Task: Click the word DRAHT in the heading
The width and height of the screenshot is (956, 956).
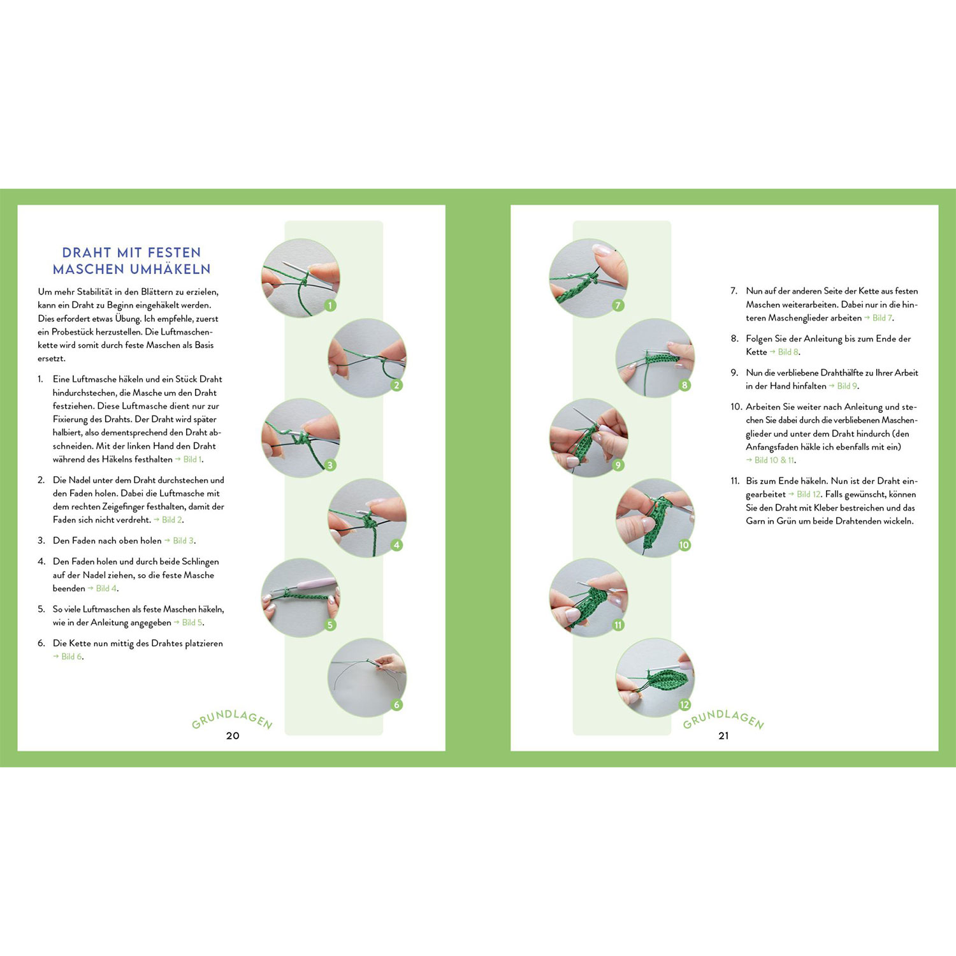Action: pyautogui.click(x=87, y=252)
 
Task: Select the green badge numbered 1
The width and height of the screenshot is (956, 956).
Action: pyautogui.click(x=330, y=305)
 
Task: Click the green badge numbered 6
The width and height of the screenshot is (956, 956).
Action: pyautogui.click(x=396, y=704)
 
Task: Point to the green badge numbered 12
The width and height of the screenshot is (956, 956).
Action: pyautogui.click(x=684, y=704)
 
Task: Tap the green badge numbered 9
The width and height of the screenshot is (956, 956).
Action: pyautogui.click(x=618, y=465)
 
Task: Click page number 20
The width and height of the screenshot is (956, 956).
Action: pyautogui.click(x=233, y=735)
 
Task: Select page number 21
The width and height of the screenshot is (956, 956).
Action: pyautogui.click(x=723, y=735)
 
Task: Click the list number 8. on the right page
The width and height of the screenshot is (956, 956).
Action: pyautogui.click(x=734, y=338)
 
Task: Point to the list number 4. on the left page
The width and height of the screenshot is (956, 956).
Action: pyautogui.click(x=41, y=561)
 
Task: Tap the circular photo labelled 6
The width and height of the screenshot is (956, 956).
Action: pyautogui.click(x=367, y=677)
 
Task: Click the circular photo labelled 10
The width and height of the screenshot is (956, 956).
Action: pyautogui.click(x=655, y=518)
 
